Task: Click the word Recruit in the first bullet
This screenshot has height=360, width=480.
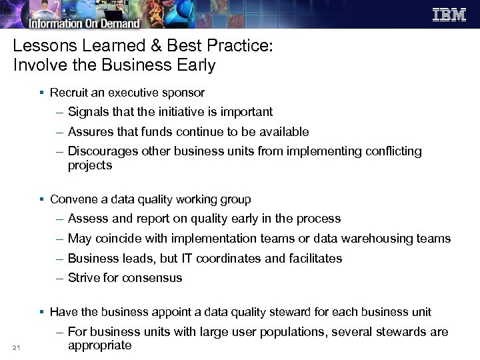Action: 69,93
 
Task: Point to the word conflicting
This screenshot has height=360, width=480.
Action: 393,151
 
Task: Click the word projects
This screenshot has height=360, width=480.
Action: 90,165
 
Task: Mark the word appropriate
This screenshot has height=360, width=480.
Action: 100,345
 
